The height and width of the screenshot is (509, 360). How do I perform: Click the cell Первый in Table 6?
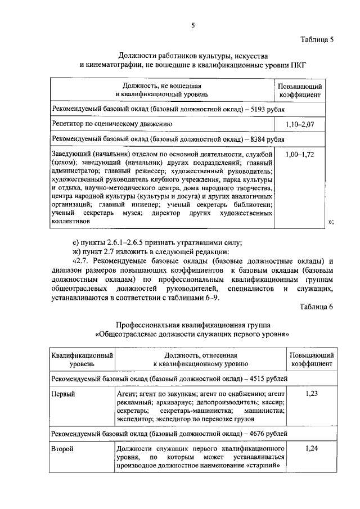(63, 394)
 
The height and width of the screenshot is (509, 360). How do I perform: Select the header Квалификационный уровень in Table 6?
(82, 360)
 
